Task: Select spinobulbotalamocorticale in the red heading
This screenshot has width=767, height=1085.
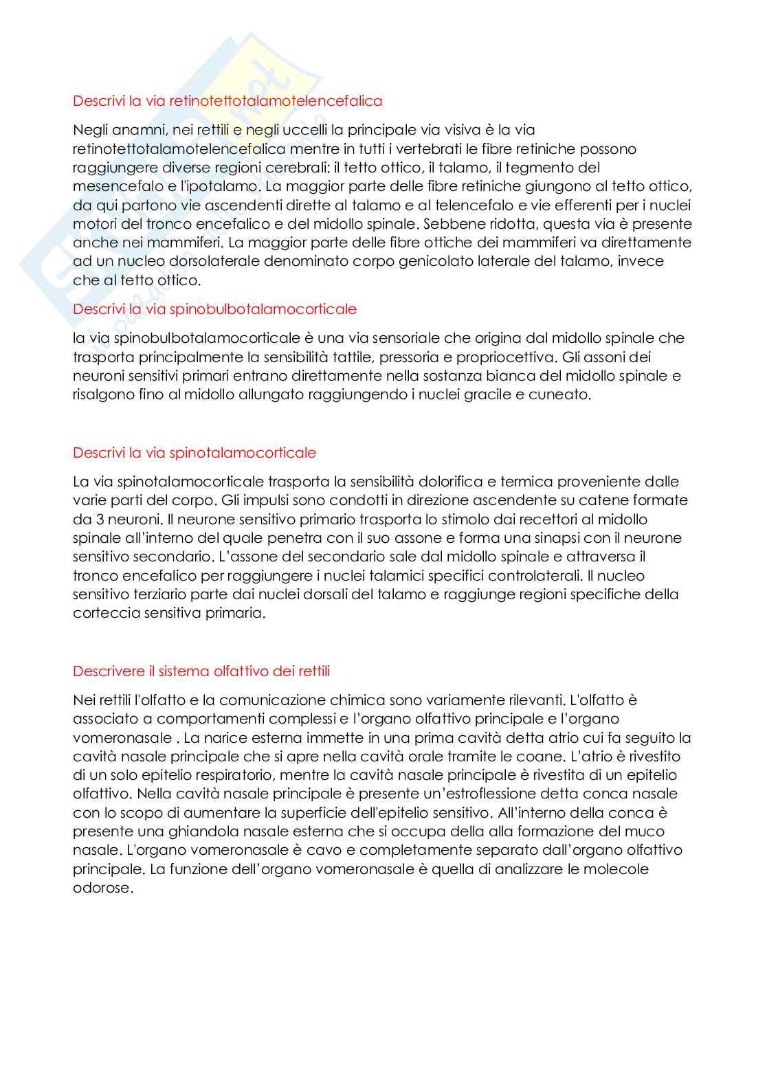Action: coord(263,309)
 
